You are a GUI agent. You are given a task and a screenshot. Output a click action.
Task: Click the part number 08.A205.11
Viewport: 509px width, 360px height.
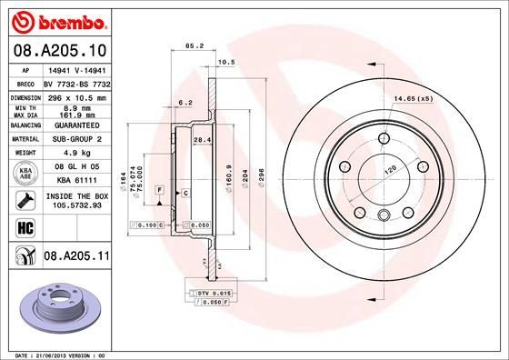click(75, 257)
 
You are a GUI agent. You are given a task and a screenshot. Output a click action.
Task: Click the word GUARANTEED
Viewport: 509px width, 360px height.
click(75, 125)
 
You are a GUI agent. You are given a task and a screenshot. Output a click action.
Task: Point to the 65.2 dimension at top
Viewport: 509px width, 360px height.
click(194, 44)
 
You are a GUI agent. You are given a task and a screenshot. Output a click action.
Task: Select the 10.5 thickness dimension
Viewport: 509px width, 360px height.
click(227, 63)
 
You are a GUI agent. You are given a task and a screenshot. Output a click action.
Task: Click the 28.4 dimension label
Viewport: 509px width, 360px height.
click(204, 139)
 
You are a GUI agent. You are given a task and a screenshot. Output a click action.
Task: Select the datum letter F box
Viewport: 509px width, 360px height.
click(160, 188)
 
